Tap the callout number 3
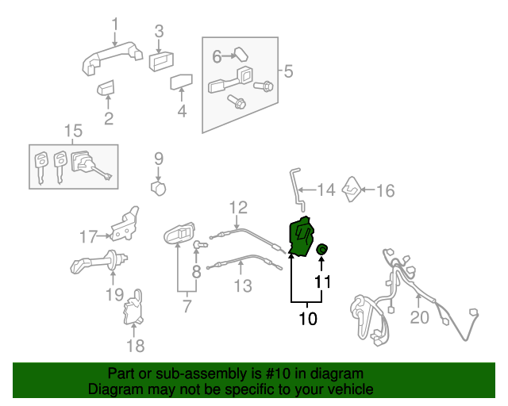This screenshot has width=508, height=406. [x=159, y=32]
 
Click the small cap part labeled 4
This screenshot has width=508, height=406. [x=182, y=82]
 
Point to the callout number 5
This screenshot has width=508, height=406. [x=288, y=71]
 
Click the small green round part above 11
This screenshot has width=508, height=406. [x=322, y=250]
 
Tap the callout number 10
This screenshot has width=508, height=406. [x=307, y=319]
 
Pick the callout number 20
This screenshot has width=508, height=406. [x=419, y=318]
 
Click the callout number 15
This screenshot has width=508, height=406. [x=73, y=130]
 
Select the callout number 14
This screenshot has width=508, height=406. [x=326, y=190]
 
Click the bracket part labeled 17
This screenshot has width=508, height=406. [x=125, y=225]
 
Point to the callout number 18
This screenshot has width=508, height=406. [x=136, y=345]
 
